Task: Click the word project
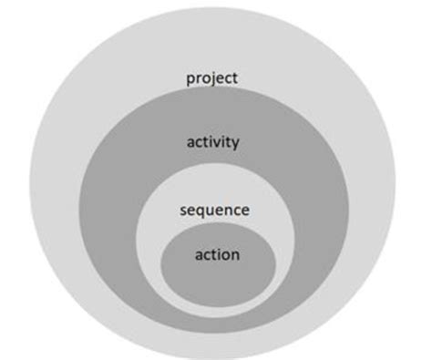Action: click(211, 78)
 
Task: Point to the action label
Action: click(217, 254)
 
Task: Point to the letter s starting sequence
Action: click(187, 210)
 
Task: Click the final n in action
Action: click(235, 254)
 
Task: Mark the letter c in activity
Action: click(198, 142)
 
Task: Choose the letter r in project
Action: click(198, 78)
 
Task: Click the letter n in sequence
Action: click(227, 210)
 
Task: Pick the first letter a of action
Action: click(199, 254)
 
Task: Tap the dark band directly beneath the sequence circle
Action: click(216, 315)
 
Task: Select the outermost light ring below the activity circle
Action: click(216, 343)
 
